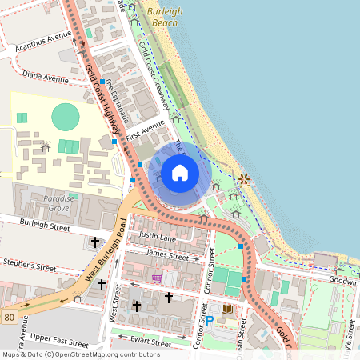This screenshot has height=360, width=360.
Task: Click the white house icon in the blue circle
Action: coord(180,172)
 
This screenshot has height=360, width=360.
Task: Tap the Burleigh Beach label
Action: coord(166,18)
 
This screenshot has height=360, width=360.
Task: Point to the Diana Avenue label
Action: coord(46,78)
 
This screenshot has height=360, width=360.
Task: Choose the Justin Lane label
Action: coord(157,237)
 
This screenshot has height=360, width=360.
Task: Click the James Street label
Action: coord(167,257)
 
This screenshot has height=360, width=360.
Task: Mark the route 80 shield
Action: coord(9,317)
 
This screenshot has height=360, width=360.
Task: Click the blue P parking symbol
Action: coord(210,321)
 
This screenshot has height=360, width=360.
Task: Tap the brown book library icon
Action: coord(227,309)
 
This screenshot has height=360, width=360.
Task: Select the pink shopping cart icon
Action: coord(158,278)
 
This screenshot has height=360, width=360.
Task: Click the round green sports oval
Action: coord(66,118)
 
